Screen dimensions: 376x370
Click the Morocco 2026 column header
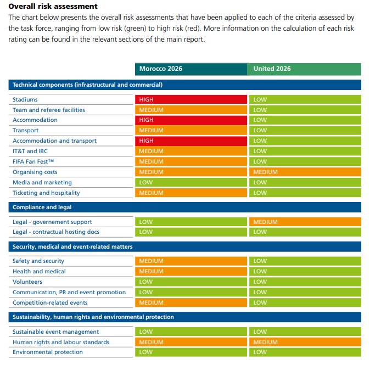(x=190, y=69)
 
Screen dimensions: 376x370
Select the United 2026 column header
(x=305, y=69)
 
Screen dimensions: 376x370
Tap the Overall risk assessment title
(x=53, y=7)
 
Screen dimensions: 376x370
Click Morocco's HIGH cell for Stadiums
(x=190, y=99)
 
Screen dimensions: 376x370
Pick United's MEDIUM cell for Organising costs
(x=305, y=172)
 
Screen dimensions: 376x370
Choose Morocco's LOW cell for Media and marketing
(x=190, y=182)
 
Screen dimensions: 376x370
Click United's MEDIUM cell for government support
(x=305, y=222)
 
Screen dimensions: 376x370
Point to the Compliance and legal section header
(x=42, y=207)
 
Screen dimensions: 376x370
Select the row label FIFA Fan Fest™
(x=33, y=161)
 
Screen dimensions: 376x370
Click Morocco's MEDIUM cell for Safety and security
(x=190, y=261)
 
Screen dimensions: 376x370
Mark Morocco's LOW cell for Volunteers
(x=190, y=282)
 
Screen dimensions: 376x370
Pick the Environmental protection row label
(x=48, y=352)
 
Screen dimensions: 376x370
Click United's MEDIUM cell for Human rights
(x=305, y=342)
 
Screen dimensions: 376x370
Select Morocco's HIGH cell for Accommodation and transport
(x=190, y=141)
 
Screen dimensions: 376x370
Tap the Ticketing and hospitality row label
(x=46, y=193)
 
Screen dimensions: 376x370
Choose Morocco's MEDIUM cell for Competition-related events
(x=190, y=302)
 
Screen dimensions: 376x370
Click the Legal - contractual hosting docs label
(x=55, y=232)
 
